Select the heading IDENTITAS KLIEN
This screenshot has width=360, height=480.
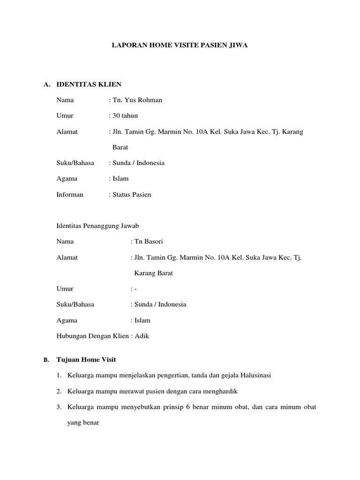click(89, 84)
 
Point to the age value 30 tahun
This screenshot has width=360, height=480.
click(125, 116)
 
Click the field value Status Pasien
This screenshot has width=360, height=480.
click(131, 195)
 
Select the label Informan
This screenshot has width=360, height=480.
click(70, 195)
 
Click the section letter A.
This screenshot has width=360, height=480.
click(46, 85)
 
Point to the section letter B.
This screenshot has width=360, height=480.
click(46, 360)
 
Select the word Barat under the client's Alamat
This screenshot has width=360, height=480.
click(120, 147)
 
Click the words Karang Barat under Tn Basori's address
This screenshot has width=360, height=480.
click(154, 273)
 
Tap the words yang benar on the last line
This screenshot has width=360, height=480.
click(82, 422)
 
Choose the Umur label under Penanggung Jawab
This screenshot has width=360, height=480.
click(65, 289)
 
